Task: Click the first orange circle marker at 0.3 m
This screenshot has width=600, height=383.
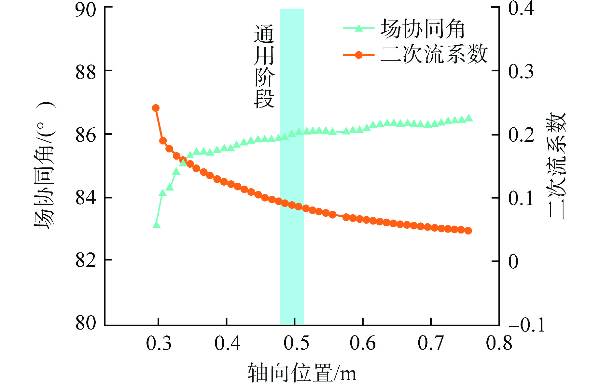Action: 156,108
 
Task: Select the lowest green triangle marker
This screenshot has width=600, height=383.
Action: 157,225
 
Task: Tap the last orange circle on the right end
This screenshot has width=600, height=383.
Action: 468,231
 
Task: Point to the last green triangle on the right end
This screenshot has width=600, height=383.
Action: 469,118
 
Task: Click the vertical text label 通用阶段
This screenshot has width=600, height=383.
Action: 264,67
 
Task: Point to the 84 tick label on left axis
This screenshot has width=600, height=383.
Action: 86,198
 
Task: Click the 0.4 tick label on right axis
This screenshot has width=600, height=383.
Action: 521,8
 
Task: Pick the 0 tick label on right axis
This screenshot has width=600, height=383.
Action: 513,261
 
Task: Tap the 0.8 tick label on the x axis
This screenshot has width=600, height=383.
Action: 499,343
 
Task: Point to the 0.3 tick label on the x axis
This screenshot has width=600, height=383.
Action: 159,343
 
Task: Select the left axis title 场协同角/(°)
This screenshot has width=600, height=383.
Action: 45,166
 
